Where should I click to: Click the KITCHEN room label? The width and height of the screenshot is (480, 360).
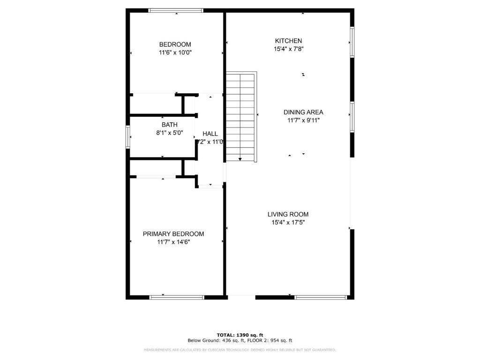288,41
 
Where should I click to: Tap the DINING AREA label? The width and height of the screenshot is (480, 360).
303,112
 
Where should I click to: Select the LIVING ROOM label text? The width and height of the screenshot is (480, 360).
288,214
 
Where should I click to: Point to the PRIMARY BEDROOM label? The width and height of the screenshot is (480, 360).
173,234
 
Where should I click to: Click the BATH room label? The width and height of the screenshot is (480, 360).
170,125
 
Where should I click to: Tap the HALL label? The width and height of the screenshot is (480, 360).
210,134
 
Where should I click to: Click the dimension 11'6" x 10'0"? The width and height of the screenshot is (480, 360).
175,52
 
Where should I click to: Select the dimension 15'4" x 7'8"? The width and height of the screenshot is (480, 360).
288,49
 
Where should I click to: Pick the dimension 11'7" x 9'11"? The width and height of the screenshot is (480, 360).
303,120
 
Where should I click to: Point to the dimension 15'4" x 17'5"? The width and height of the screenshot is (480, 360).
288,222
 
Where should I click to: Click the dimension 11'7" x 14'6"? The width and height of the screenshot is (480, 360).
173,242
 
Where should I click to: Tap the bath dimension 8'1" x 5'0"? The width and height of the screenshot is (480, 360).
170,133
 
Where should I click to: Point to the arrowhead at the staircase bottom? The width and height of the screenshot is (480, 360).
240,159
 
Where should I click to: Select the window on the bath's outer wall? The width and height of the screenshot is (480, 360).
127,137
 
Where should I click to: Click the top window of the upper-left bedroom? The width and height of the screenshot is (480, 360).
176,10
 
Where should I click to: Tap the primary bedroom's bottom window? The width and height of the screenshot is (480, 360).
177,297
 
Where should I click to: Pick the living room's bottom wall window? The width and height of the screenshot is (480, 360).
321,297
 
